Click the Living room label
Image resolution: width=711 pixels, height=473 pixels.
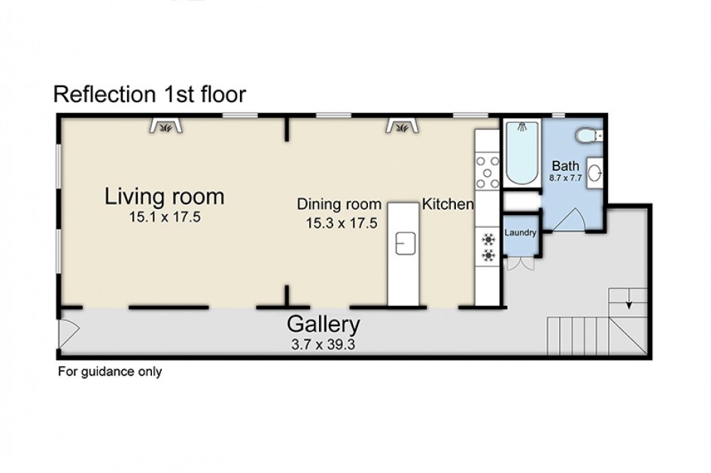[164, 196]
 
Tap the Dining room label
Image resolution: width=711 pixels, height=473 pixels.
[339, 204]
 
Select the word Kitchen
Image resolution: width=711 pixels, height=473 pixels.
[448, 204]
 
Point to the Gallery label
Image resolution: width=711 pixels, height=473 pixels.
[324, 324]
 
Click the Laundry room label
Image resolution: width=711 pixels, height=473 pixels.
[520, 233]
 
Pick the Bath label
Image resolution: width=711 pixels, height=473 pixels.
[566, 166]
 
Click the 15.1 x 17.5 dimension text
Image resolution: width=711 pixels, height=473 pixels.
[165, 217]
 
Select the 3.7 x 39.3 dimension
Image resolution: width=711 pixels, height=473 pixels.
[324, 344]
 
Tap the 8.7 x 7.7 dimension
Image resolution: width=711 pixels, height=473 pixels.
[566, 178]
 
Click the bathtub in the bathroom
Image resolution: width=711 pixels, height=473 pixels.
[522, 152]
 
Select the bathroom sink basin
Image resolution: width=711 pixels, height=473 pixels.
[595, 173]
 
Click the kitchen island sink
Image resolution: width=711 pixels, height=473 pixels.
[406, 244]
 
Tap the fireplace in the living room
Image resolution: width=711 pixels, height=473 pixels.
[166, 126]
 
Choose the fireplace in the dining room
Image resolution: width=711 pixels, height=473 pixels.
[403, 126]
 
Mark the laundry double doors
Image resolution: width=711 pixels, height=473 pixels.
[520, 264]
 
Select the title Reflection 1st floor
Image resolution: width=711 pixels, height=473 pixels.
[150, 94]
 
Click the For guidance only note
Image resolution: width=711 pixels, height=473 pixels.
[110, 372]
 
